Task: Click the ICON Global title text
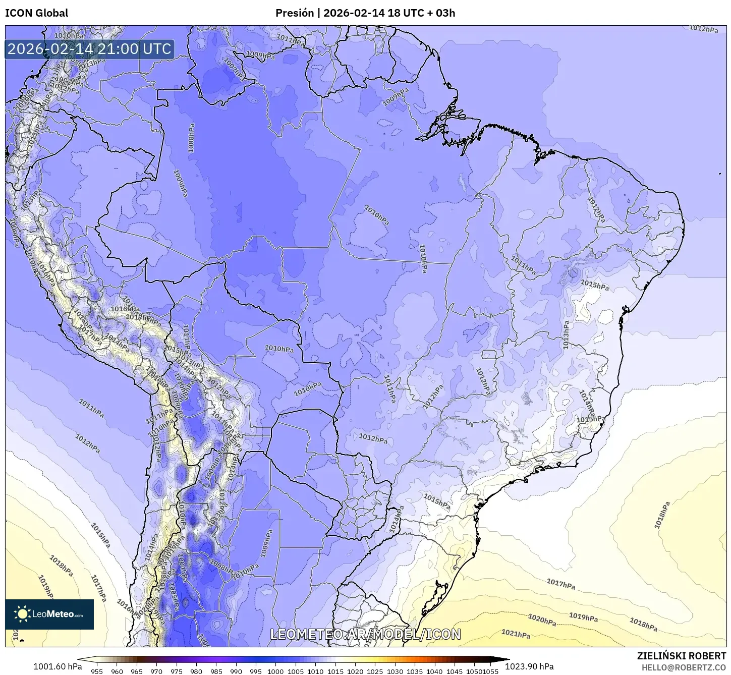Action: click(36, 13)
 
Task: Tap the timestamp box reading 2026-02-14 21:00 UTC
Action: click(89, 49)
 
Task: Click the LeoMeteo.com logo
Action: click(49, 614)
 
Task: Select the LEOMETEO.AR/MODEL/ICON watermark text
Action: click(365, 634)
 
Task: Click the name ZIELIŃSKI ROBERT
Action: click(681, 656)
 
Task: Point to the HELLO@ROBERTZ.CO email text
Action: click(684, 667)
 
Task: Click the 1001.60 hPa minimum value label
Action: click(57, 666)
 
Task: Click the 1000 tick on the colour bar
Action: click(275, 671)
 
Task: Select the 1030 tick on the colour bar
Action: click(395, 671)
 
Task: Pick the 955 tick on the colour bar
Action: click(97, 671)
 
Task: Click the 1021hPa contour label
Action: click(516, 634)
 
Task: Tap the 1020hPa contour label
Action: click(542, 620)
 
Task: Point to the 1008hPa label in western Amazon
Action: click(191, 138)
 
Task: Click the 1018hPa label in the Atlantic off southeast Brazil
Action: click(662, 515)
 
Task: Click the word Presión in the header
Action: click(294, 13)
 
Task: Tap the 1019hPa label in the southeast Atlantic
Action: click(583, 616)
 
